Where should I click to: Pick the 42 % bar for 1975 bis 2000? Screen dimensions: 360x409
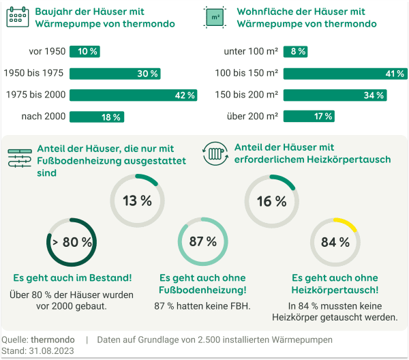coord(133,95)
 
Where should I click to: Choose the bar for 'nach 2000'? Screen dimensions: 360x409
coord(96,117)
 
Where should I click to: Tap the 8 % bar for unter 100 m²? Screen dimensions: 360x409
coord(296,51)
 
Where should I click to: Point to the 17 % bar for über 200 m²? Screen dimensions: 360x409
coord(309,117)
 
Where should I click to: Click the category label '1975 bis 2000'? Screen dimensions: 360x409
coord(35,95)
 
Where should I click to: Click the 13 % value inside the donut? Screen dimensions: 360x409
coord(137,200)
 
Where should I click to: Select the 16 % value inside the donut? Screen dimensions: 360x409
coord(271,201)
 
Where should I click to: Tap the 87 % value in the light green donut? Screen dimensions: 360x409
coord(202,242)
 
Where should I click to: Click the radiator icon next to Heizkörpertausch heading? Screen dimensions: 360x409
coord(215,153)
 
